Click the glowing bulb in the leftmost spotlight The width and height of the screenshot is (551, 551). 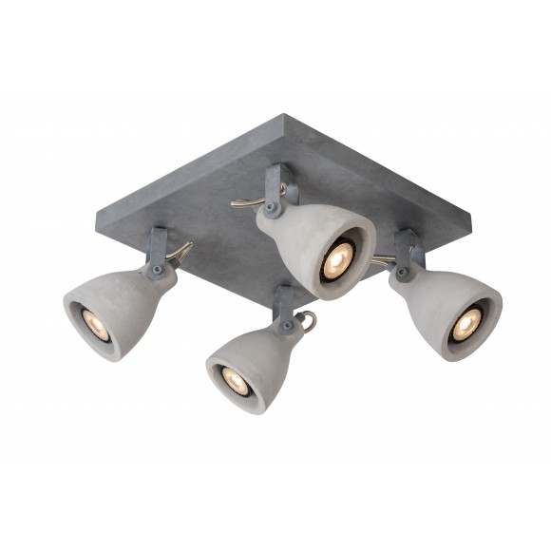88,320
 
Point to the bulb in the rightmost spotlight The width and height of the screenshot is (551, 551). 465,325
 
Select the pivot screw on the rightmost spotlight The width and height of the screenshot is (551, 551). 403,274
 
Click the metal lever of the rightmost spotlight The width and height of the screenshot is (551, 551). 382,259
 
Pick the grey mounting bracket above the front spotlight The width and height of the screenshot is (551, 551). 282,308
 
